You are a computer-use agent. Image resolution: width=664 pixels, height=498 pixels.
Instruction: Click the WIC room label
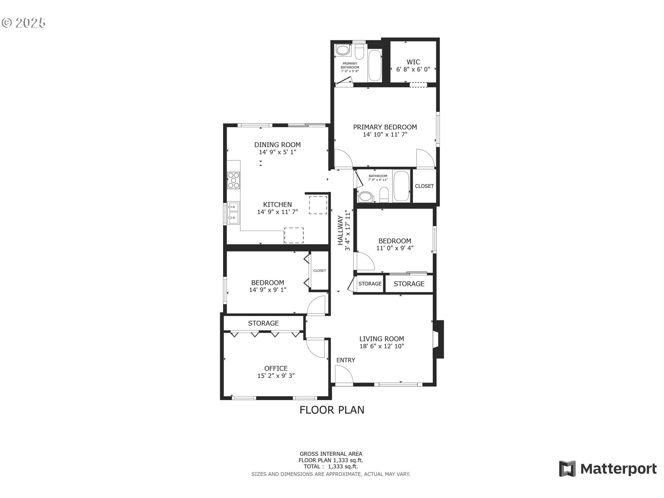click(413, 62)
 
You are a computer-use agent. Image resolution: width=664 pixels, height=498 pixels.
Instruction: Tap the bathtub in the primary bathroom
click(375, 66)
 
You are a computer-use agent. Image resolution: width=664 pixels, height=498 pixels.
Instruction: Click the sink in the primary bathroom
click(343, 50)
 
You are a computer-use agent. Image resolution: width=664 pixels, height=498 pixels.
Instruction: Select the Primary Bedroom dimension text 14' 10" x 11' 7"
click(385, 135)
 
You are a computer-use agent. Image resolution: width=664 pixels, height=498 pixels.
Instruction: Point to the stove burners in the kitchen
click(233, 180)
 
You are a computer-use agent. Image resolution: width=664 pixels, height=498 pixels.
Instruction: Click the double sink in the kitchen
click(233, 212)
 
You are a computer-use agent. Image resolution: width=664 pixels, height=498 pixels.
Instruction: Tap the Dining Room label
click(277, 145)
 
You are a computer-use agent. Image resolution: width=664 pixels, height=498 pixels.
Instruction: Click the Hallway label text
click(341, 230)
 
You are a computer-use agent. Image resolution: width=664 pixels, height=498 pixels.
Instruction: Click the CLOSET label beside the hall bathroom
click(424, 186)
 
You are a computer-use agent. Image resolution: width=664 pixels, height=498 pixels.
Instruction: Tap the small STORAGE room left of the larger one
click(370, 284)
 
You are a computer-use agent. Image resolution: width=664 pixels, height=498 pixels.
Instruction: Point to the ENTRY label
click(345, 360)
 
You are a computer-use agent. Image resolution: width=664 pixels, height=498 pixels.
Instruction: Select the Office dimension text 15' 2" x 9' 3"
click(276, 376)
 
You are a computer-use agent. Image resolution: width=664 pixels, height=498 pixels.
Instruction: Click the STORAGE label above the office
click(263, 323)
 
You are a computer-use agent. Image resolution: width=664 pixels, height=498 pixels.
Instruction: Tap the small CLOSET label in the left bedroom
click(320, 271)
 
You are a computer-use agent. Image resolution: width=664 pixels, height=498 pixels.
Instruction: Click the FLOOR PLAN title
click(332, 410)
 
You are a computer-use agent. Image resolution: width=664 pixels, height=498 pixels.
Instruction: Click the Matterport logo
click(608, 469)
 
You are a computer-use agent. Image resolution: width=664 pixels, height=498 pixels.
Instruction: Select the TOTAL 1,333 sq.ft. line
click(331, 467)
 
